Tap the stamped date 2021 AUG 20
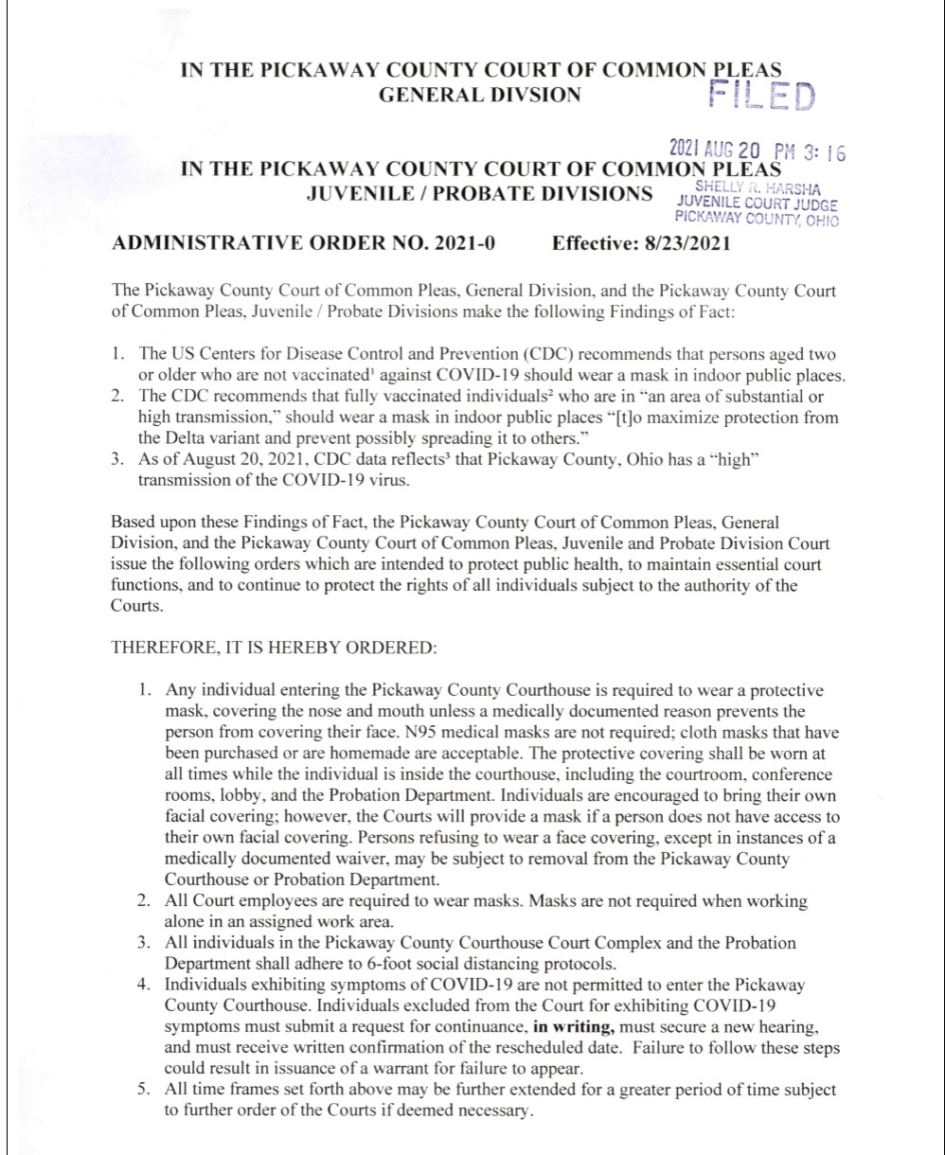point(715,150)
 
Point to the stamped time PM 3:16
point(810,151)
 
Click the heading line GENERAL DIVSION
point(479,94)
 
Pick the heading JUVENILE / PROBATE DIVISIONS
point(479,194)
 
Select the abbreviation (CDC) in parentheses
point(549,355)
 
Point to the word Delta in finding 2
point(181,438)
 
